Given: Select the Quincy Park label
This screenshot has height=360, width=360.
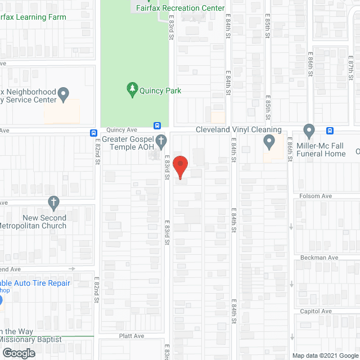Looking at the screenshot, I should [x=161, y=91].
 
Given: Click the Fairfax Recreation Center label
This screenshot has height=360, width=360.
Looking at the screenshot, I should [x=180, y=8].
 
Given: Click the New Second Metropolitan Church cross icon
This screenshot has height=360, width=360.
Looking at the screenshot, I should [x=53, y=201].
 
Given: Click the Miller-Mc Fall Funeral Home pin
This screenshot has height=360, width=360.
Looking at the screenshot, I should [x=308, y=131].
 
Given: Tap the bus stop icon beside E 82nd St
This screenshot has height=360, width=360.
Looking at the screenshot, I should [x=92, y=133].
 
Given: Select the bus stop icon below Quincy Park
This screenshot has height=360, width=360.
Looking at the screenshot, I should [x=157, y=125].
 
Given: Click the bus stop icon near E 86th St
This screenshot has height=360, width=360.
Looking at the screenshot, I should [x=330, y=131].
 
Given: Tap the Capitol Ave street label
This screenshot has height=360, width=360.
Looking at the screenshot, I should [x=316, y=311].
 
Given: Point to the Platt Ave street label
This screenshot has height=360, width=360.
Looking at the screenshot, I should [x=132, y=336].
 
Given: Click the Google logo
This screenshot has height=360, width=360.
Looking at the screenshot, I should [x=18, y=353].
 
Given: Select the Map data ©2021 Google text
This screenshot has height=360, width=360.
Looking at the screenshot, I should [x=325, y=355].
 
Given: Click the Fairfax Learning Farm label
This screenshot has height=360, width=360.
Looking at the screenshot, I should [x=33, y=17].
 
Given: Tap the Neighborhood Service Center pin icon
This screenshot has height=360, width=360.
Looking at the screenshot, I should [x=64, y=93].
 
